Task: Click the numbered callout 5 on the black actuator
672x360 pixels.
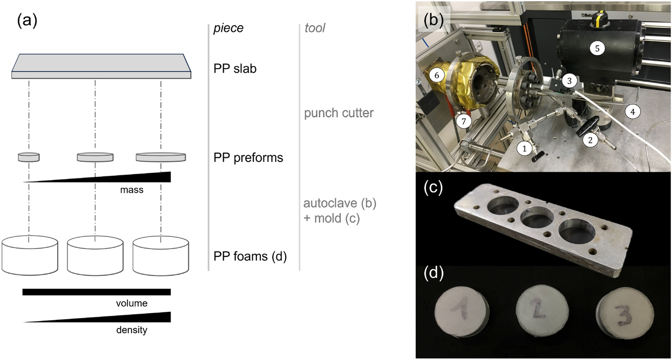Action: point(597,48)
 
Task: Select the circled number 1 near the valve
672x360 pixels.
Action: point(524,148)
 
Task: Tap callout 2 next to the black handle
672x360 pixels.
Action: point(591,139)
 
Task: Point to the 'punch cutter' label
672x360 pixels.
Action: point(339,112)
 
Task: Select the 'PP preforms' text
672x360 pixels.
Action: point(248,158)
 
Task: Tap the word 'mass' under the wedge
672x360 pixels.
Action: point(132,190)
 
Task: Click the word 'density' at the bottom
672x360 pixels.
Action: point(132,330)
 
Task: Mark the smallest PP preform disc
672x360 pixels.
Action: point(28,157)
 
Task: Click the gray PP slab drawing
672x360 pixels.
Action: point(101,66)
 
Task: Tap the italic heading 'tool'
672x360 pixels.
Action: point(315,28)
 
